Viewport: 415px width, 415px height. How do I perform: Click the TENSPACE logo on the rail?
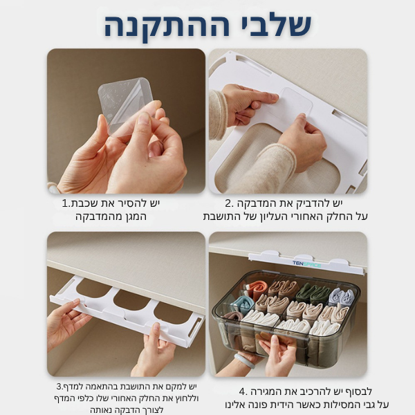306,264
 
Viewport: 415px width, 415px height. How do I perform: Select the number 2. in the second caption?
230,204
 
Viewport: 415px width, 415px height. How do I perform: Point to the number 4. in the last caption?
243,391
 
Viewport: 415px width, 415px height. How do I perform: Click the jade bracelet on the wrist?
244,360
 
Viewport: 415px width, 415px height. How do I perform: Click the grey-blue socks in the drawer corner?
341,297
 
